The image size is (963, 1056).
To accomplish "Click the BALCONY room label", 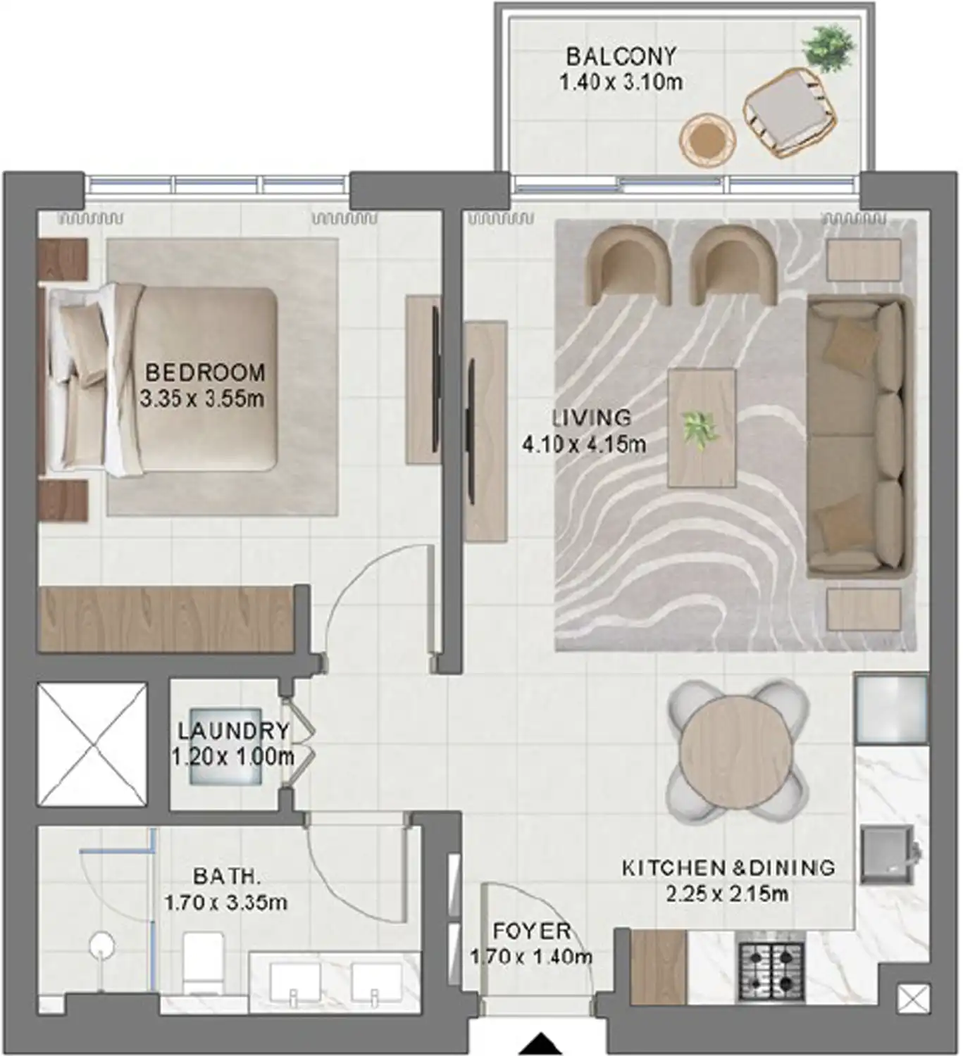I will [621, 56].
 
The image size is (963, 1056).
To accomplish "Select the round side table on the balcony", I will [707, 139].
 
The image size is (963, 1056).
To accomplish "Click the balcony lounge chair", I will [790, 113].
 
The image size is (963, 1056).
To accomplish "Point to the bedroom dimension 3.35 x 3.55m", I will [201, 399].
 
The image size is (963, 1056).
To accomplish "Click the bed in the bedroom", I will [162, 379].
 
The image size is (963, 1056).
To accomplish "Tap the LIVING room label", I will [591, 417].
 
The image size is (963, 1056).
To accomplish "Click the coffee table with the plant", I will [701, 427].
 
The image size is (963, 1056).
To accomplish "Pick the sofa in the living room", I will [857, 436].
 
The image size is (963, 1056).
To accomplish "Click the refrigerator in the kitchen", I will [891, 709].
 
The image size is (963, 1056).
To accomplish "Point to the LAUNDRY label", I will [233, 731].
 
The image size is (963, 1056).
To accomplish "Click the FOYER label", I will [531, 931].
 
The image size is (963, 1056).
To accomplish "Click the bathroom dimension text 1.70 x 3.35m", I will [225, 903].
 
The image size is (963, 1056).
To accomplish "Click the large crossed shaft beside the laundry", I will [92, 744].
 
